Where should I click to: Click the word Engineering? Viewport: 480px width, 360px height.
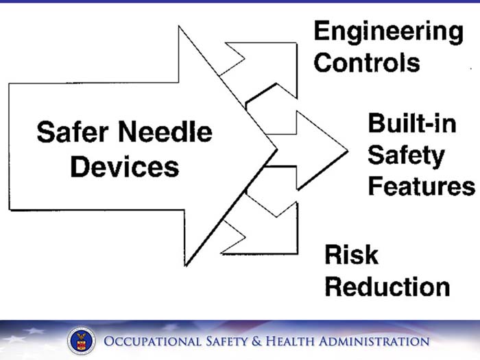388,32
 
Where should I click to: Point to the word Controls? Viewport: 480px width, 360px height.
367,62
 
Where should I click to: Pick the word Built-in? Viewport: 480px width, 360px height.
404,124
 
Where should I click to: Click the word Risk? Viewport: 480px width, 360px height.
351,254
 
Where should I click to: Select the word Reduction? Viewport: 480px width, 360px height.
387,286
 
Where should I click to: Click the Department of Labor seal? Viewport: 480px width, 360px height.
81,341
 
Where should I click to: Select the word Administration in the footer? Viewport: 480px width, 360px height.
378,341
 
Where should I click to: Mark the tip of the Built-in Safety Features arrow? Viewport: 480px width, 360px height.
346,148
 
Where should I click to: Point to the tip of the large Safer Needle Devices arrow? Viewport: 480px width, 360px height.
276,147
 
